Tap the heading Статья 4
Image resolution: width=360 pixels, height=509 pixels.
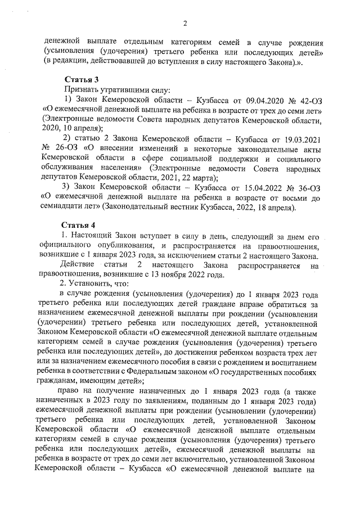[81, 226]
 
